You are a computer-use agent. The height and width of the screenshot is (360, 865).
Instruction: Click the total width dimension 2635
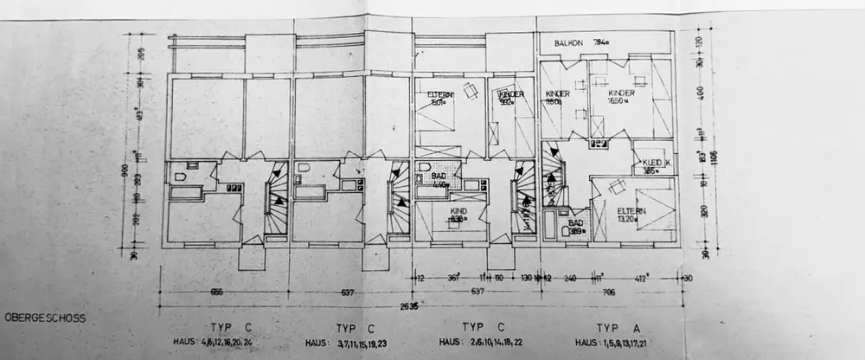click(x=407, y=305)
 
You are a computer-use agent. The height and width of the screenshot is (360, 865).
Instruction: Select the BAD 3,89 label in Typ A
click(x=579, y=227)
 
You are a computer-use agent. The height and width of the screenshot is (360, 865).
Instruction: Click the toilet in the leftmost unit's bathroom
click(x=180, y=177)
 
